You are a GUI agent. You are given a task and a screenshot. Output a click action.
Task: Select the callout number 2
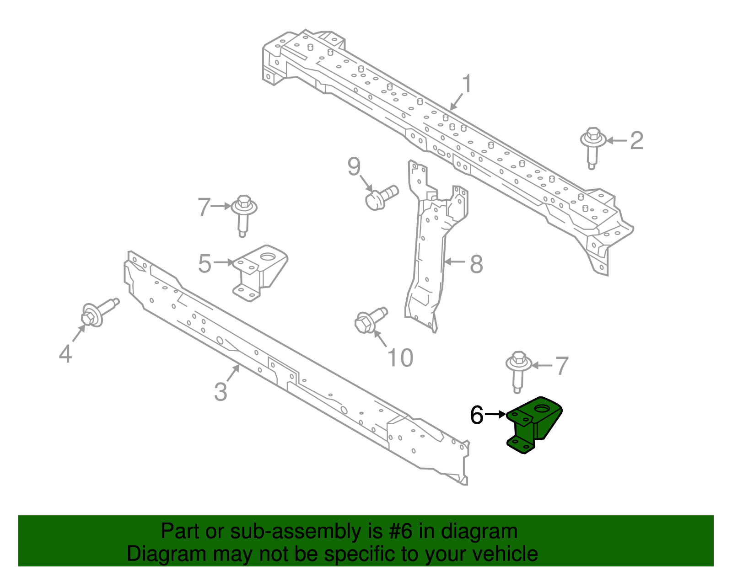(636, 140)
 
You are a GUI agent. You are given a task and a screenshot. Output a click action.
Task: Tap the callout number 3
(221, 392)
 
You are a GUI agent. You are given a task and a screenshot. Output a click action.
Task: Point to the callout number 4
(65, 354)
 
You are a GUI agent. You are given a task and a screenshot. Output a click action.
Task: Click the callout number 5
(205, 264)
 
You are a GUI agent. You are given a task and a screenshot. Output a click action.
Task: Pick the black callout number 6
(477, 415)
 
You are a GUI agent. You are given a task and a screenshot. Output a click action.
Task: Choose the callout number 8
(476, 264)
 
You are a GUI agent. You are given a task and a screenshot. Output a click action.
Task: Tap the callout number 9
(354, 167)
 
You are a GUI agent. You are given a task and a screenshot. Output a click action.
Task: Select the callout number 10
(400, 358)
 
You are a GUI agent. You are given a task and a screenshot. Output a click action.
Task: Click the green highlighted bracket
(534, 424)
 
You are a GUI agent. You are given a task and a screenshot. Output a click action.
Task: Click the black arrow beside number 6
(495, 414)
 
